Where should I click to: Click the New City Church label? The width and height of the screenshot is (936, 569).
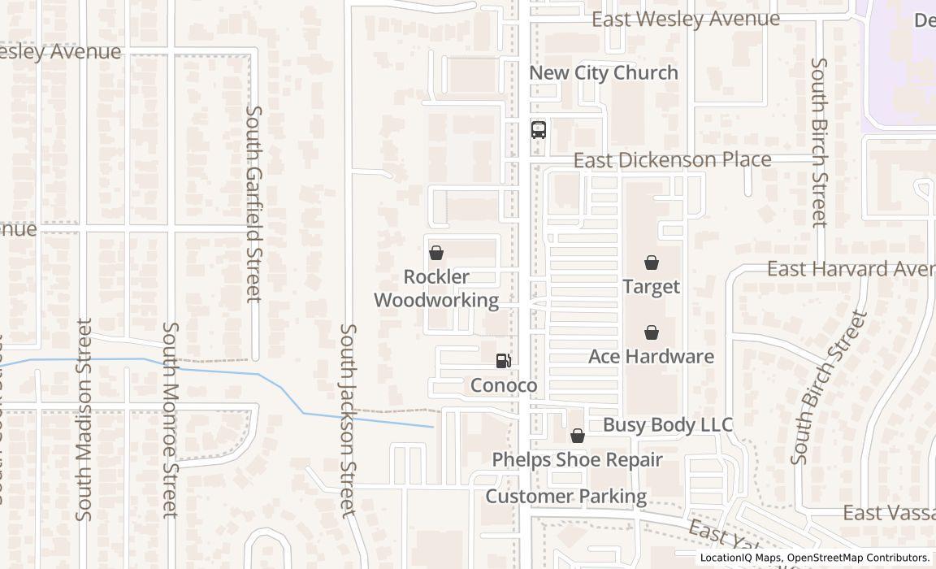[603, 72]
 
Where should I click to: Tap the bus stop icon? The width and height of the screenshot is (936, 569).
[539, 129]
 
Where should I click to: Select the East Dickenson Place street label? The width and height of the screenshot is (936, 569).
[672, 159]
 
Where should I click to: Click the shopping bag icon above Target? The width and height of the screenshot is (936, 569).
[651, 263]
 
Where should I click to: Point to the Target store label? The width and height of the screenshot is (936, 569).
[651, 287]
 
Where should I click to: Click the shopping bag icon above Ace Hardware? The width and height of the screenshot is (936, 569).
[651, 332]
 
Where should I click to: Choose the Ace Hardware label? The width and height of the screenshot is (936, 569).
[651, 357]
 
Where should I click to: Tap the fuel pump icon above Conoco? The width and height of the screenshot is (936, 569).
[504, 361]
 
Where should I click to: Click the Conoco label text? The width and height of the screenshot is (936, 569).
[504, 385]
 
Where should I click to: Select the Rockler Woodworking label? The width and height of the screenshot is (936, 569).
[436, 289]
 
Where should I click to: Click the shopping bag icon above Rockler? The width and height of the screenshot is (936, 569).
[436, 253]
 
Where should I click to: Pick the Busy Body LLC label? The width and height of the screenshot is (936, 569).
[667, 425]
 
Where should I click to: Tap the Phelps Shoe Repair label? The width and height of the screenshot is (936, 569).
[577, 460]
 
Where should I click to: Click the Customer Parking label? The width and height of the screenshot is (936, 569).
[566, 496]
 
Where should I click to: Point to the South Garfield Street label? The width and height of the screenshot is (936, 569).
[254, 203]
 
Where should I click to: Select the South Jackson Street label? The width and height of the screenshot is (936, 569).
[348, 420]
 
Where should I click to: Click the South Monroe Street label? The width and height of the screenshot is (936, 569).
[170, 419]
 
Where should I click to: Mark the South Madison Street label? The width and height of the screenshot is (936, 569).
[84, 419]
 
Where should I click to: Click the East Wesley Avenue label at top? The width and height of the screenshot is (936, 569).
[685, 19]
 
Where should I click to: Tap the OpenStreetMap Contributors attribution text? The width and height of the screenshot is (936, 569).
[859, 558]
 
